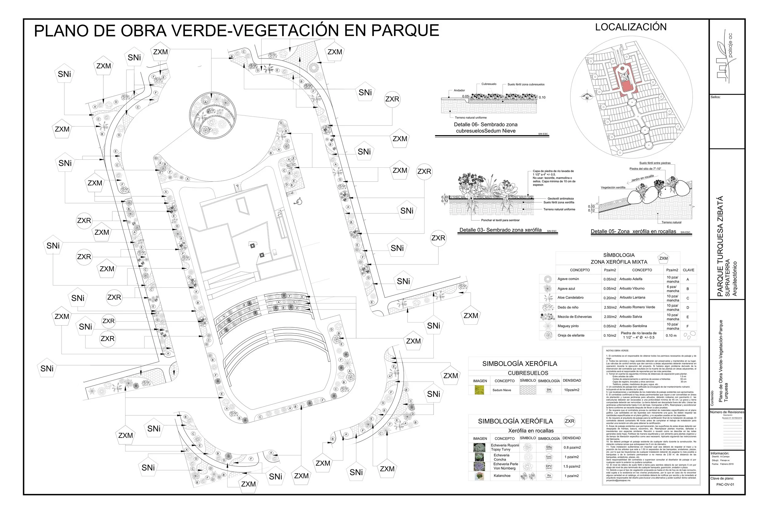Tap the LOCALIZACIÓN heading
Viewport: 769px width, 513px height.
[x=630, y=27]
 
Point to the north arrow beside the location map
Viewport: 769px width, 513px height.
[x=587, y=97]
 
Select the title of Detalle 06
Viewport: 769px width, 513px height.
[x=485, y=128]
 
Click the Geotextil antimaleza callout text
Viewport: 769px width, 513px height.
[x=560, y=198]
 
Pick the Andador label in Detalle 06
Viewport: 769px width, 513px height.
[x=459, y=90]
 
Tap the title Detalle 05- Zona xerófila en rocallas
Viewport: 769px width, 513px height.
[x=633, y=232]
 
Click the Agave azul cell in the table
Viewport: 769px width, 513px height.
[x=566, y=289]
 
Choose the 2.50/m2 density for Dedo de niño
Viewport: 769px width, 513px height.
[x=609, y=307]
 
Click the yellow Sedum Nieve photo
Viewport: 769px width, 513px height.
[x=479, y=390]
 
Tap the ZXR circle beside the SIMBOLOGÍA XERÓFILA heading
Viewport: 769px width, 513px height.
[x=569, y=421]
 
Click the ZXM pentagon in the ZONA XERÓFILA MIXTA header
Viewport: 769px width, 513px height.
[x=663, y=258]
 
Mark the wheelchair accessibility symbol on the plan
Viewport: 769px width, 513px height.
[x=298, y=202]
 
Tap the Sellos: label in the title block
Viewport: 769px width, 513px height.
[x=715, y=97]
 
